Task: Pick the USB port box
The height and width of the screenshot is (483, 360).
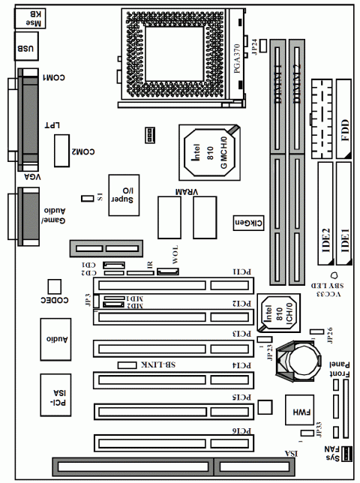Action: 23,49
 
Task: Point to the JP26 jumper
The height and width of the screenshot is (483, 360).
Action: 317,330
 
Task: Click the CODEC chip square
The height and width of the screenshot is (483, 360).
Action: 53,286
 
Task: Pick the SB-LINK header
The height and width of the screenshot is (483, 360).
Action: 125,364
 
